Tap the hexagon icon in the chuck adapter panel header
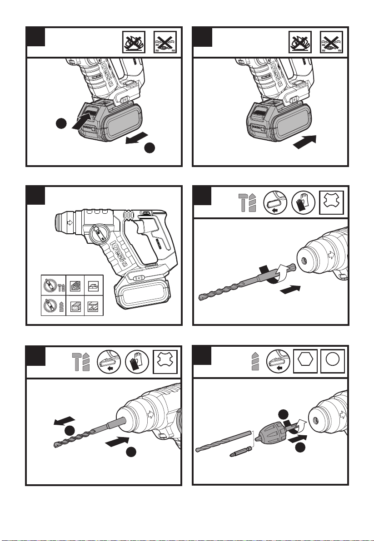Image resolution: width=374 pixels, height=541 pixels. point(307,363)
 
